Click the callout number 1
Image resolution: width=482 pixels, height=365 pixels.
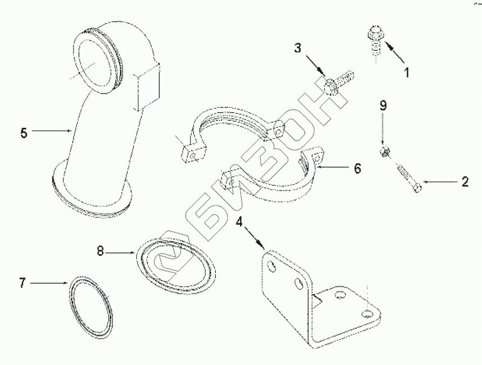point(407,72)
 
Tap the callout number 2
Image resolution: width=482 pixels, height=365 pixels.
point(465,181)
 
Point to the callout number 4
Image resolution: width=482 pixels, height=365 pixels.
point(239,222)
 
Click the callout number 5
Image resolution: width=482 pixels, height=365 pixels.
point(23,133)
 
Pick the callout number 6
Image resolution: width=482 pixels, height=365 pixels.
point(357,168)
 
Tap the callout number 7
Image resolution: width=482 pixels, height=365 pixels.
point(22,283)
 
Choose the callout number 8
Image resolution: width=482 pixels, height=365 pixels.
point(101,252)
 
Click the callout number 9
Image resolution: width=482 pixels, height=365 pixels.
point(383,105)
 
